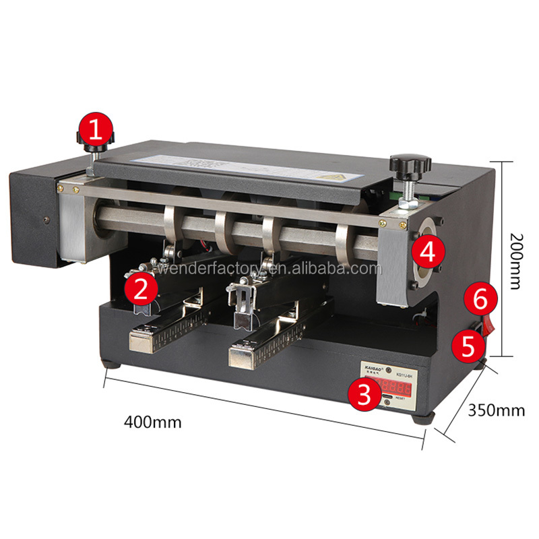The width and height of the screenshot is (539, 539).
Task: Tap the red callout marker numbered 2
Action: tap(141, 289)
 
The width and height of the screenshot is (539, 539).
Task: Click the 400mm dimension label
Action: tap(153, 422)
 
